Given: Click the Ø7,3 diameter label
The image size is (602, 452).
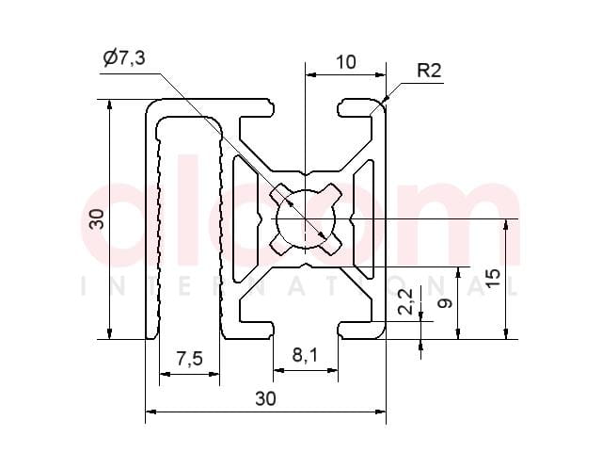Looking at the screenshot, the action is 124,58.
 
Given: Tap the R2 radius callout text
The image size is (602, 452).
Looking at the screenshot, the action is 429,71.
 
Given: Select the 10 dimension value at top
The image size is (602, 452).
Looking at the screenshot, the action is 346,62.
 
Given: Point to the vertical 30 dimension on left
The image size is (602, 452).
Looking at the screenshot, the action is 96,219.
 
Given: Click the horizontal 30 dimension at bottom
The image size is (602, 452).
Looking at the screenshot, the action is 265,398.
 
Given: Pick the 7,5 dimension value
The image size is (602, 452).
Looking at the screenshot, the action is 189,360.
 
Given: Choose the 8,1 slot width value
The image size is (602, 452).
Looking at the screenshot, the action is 305,356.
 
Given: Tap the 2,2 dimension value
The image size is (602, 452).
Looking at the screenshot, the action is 405,301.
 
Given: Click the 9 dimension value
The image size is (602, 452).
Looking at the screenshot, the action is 445,303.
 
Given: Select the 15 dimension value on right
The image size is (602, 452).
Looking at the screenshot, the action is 493,278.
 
